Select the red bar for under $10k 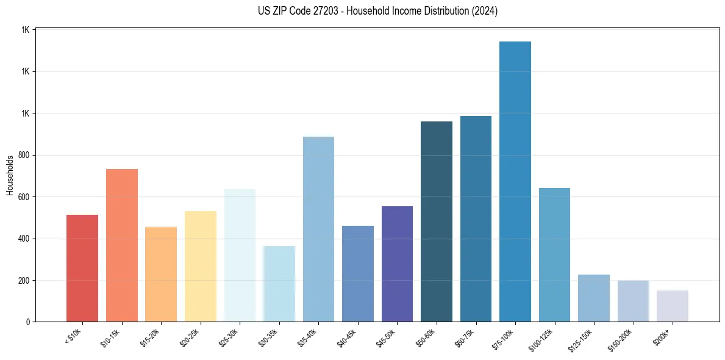click(82, 268)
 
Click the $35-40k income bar click(318, 229)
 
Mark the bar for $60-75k click(476, 219)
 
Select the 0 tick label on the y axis click(27, 322)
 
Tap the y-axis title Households click(10, 175)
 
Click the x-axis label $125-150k click(587, 337)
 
